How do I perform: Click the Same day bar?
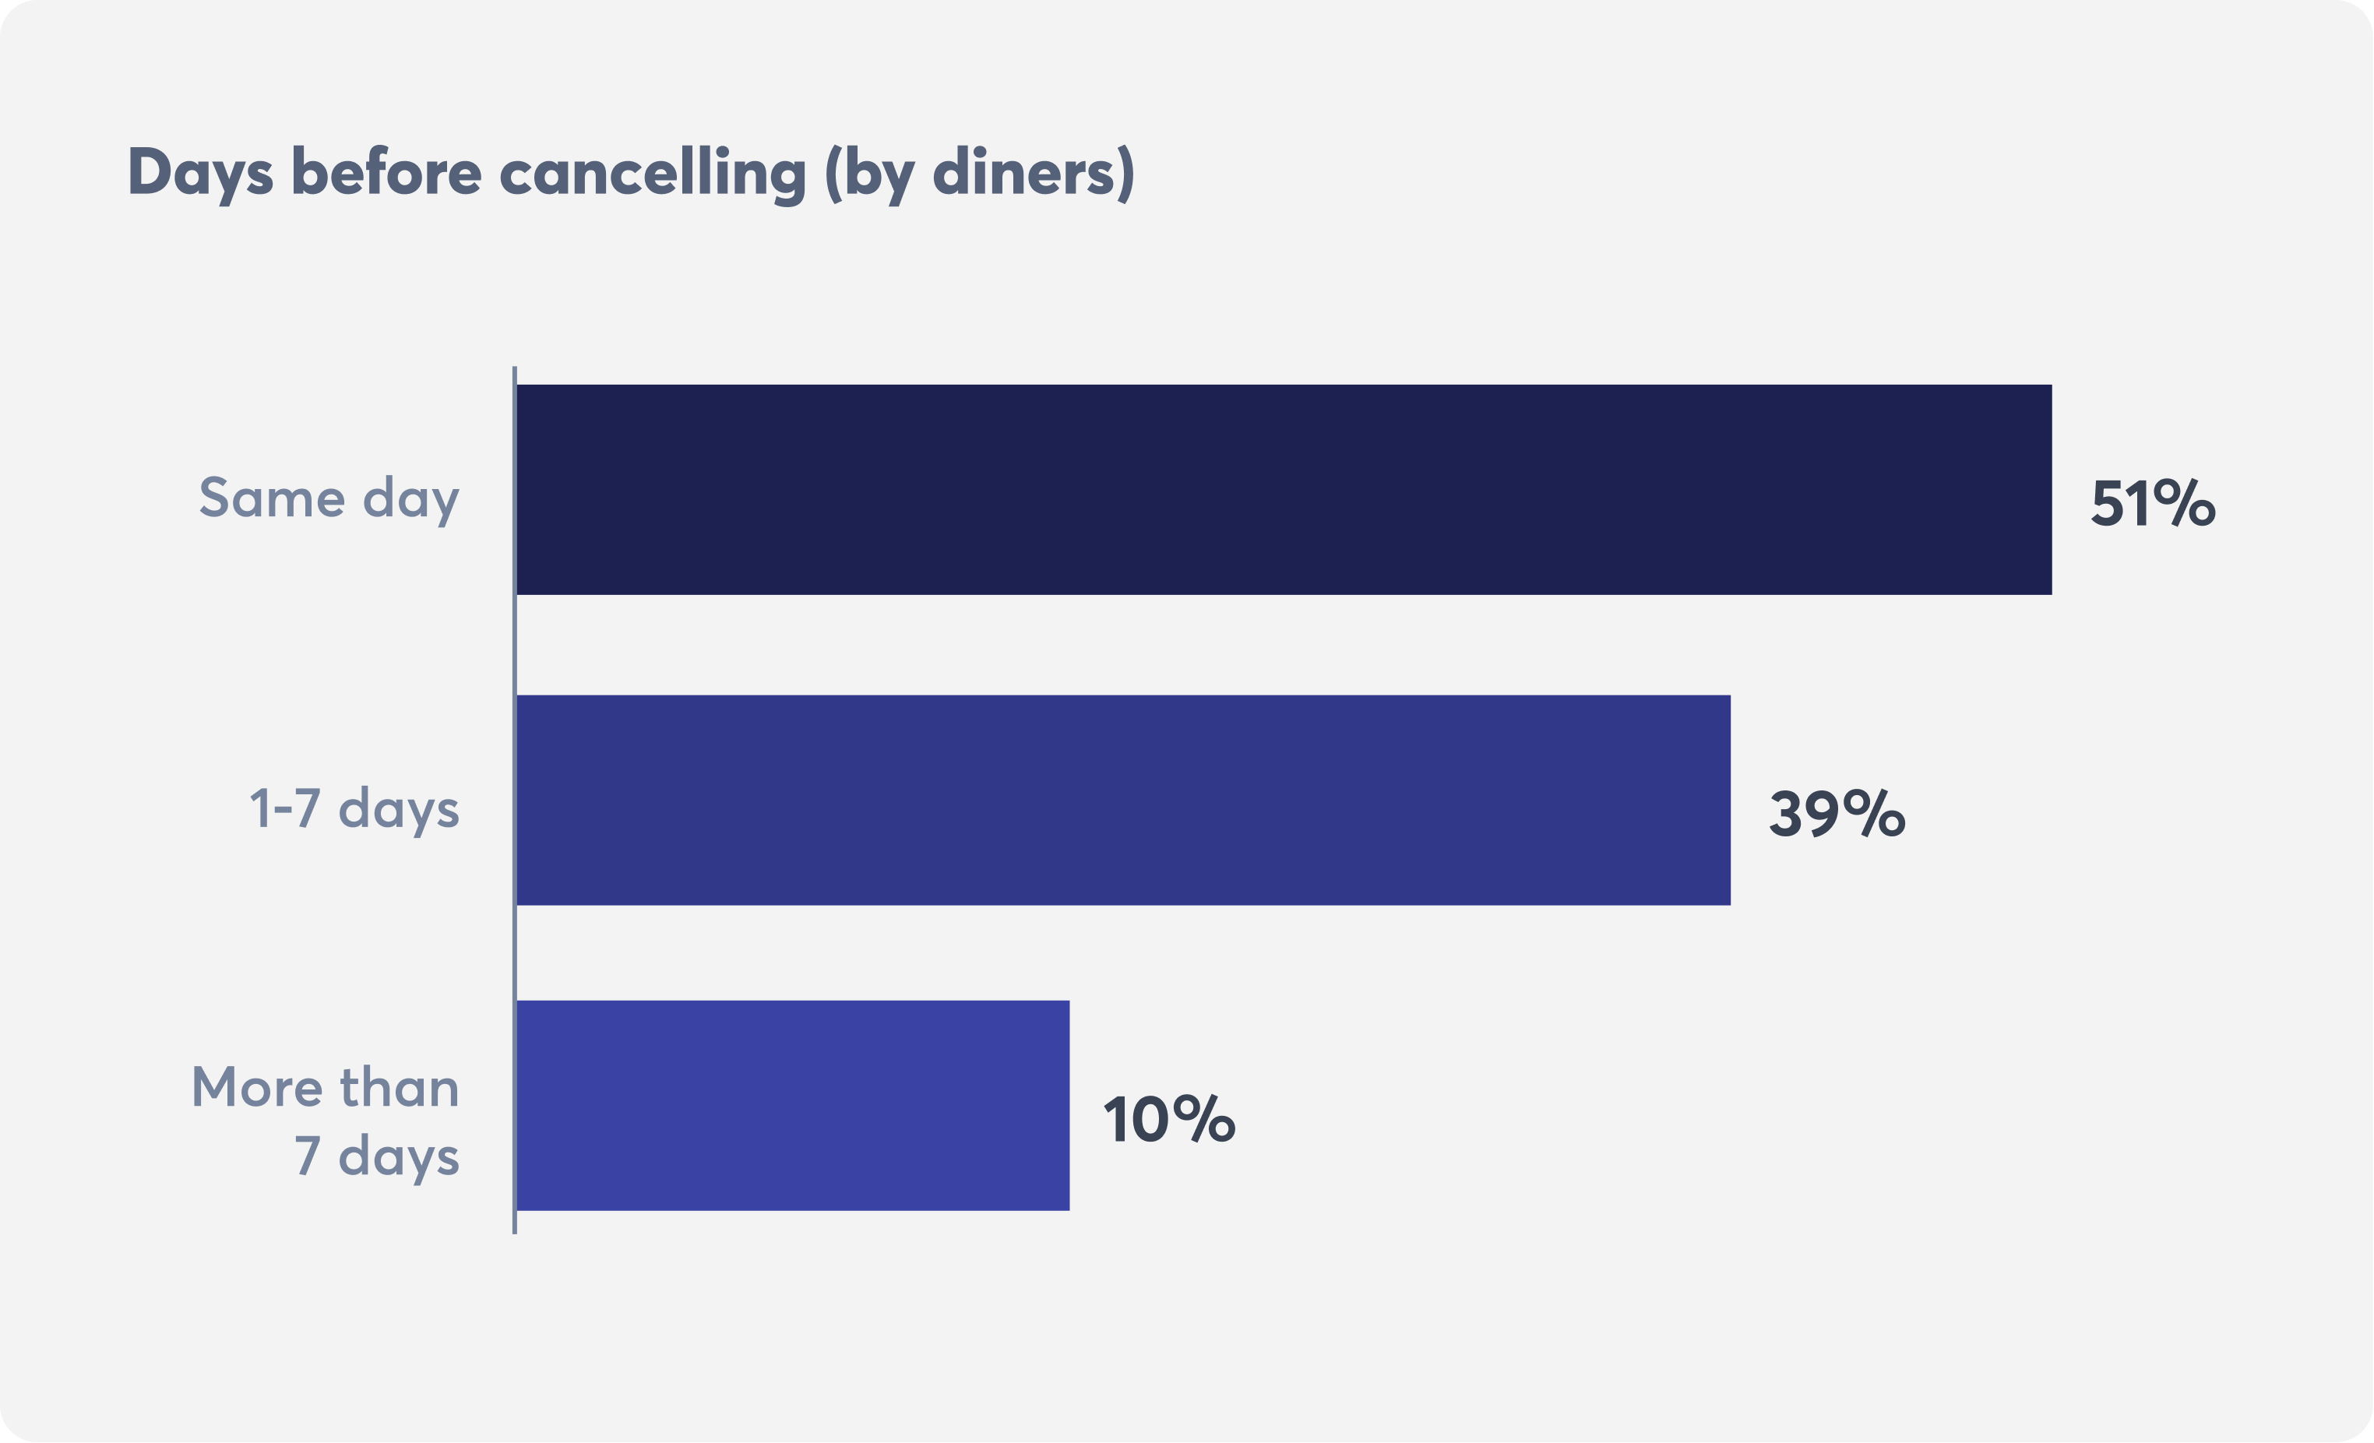[x=1284, y=489]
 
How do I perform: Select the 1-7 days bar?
[x=1122, y=800]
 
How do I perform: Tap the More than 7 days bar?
[x=792, y=1105]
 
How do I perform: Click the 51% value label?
[x=2152, y=503]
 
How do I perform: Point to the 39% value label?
[x=1837, y=814]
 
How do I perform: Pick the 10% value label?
[x=1168, y=1119]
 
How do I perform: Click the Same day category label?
[x=329, y=498]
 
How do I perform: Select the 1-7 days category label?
[x=354, y=808]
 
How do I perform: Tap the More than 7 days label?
[x=326, y=1121]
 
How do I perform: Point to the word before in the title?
[x=386, y=171]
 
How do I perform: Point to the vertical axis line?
[x=515, y=800]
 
